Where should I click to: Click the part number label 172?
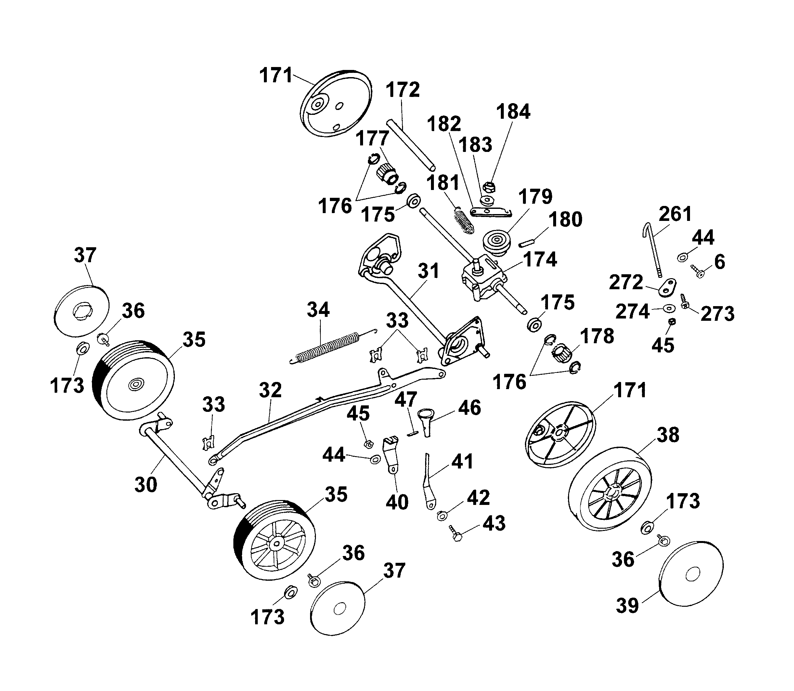pos(403,89)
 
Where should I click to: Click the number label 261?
pos(675,214)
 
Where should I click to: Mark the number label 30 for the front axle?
pos(146,484)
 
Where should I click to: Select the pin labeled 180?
pos(526,243)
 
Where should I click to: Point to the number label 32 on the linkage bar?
pos(270,390)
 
